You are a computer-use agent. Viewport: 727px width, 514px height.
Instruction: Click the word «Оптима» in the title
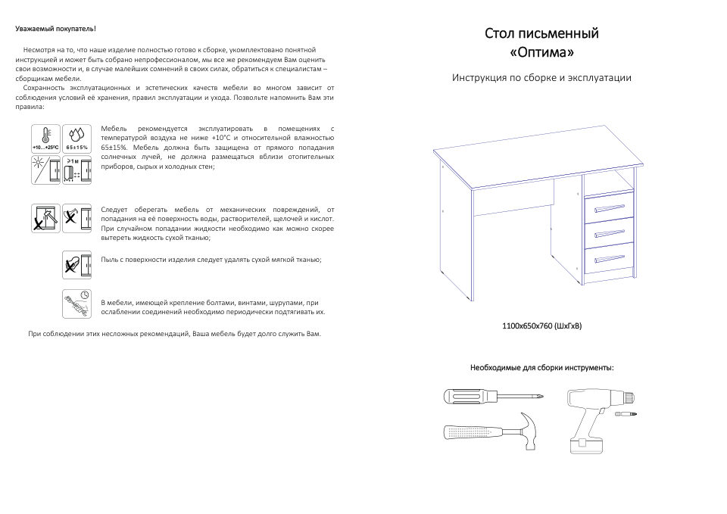[541, 54]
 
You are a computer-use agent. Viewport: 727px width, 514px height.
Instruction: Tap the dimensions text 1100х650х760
[541, 326]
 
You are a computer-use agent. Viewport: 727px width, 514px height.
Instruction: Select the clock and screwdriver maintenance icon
[76, 304]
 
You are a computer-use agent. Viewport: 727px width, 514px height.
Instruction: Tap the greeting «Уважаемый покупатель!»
[55, 29]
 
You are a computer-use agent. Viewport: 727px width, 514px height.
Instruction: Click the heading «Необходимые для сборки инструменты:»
[541, 368]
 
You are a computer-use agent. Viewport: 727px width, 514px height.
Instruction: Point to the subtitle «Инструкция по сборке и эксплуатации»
[541, 78]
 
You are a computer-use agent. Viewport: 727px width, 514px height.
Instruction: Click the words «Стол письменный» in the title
[541, 34]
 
